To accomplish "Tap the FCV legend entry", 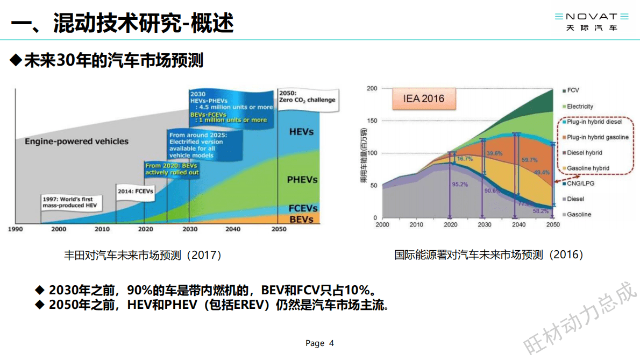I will pyautogui.click(x=573, y=91).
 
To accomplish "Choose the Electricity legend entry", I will pyautogui.click(x=580, y=107).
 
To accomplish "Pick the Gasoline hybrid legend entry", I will pyautogui.click(x=587, y=168).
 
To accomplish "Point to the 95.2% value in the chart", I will pyautogui.click(x=459, y=184).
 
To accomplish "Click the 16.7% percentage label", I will pyautogui.click(x=465, y=159).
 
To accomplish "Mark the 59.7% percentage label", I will pyautogui.click(x=529, y=160).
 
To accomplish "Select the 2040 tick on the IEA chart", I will pyautogui.click(x=519, y=224).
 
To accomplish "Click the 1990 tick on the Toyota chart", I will pyautogui.click(x=16, y=229).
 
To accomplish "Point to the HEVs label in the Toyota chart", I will pyautogui.click(x=301, y=132).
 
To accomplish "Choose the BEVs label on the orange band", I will pyautogui.click(x=301, y=219).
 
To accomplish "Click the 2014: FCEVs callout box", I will pyautogui.click(x=133, y=190).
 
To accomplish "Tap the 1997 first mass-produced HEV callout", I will pyautogui.click(x=68, y=202).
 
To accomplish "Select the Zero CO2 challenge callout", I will pyautogui.click(x=307, y=97).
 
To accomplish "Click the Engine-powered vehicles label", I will pyautogui.click(x=77, y=142).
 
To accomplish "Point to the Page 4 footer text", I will pyautogui.click(x=319, y=343).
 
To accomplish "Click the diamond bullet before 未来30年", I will pyautogui.click(x=16, y=60).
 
